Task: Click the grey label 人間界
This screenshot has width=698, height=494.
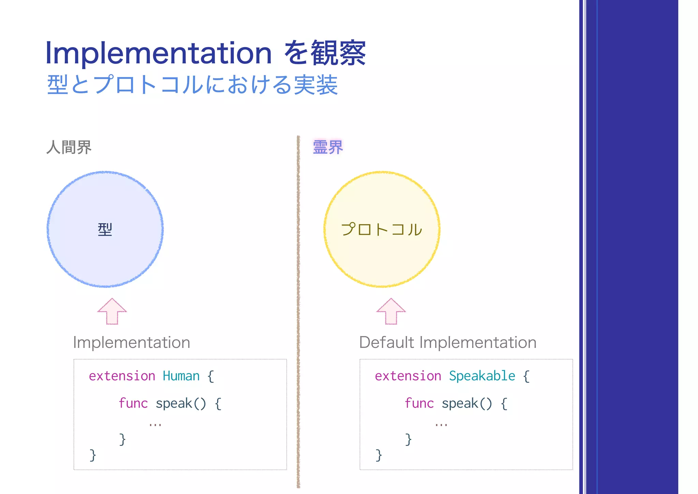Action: (69, 147)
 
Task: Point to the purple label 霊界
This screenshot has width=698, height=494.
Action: (328, 147)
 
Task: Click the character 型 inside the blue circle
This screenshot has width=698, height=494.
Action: (105, 229)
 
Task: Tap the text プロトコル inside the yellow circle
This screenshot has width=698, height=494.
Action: (382, 229)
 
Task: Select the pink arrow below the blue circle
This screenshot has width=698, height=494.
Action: (112, 311)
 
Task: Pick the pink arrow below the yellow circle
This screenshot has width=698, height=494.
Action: (391, 311)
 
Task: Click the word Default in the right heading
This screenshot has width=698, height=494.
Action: (386, 342)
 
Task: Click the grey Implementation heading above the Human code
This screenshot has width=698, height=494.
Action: (132, 342)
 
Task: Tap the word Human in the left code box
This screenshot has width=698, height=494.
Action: (181, 376)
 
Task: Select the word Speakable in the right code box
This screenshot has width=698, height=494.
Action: (482, 376)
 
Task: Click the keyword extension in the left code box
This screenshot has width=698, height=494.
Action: (122, 376)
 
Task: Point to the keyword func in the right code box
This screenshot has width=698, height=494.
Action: (419, 403)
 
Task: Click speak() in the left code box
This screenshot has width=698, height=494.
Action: (181, 403)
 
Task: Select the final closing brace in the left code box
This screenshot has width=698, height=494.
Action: (93, 455)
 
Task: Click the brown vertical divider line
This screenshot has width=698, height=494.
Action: (298, 307)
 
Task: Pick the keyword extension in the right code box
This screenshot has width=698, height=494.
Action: (408, 376)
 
